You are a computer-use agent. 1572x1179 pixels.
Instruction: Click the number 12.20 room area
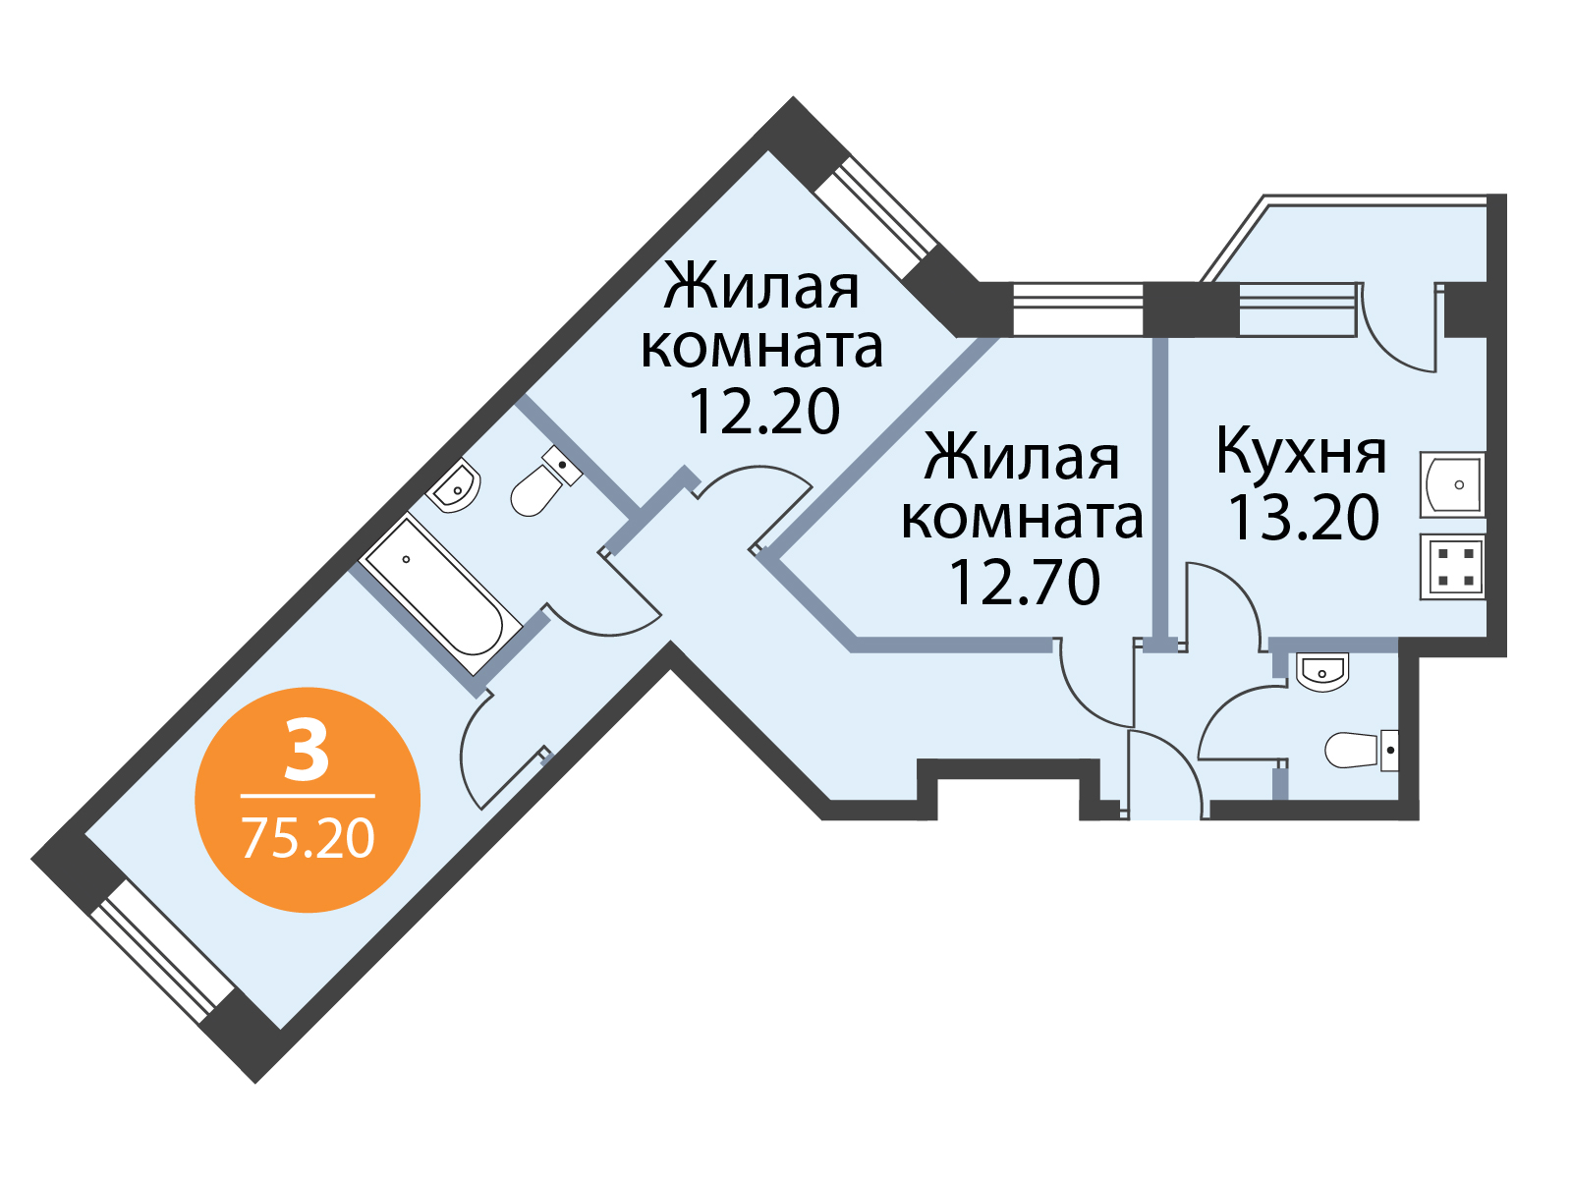[x=763, y=413]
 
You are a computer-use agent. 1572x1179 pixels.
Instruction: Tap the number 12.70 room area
[x=1024, y=583]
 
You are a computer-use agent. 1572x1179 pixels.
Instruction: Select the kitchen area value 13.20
[x=1304, y=518]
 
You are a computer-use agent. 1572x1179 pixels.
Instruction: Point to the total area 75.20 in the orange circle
[x=308, y=839]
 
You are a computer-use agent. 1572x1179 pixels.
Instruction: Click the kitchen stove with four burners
[x=1452, y=567]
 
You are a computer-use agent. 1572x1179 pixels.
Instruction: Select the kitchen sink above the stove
[x=1452, y=484]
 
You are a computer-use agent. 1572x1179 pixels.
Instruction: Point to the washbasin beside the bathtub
[x=454, y=486]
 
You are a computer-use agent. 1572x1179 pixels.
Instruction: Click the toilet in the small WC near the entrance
[x=1362, y=750]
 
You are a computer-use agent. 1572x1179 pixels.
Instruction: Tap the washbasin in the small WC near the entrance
[x=1322, y=671]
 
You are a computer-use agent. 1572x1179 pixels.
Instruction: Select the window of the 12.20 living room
[x=875, y=218]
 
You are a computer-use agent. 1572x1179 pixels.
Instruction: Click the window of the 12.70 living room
[x=1079, y=309]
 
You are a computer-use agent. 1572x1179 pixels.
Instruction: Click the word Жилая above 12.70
[x=1022, y=456]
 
